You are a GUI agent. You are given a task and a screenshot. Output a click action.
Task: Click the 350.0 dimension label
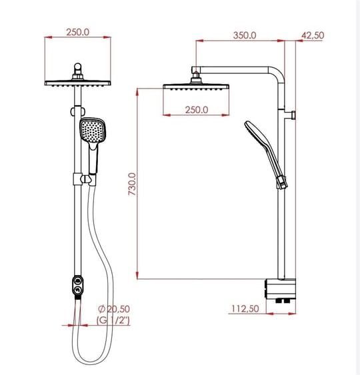[244, 35]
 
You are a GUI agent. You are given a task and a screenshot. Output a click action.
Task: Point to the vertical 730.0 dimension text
[132, 184]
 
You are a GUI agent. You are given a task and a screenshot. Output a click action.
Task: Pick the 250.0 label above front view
[78, 31]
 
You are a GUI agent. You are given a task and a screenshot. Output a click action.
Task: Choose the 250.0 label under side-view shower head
[196, 109]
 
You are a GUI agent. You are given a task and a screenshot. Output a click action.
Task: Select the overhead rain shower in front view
[78, 82]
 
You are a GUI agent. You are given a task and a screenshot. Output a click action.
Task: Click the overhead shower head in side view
[196, 87]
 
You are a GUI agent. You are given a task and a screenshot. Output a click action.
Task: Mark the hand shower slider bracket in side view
[283, 181]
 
